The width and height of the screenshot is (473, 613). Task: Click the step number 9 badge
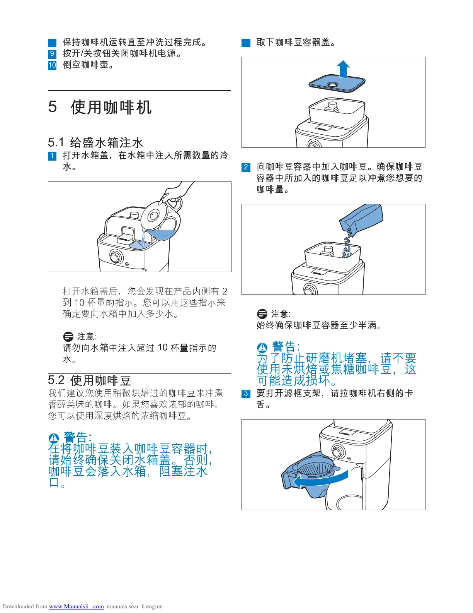(x=52, y=53)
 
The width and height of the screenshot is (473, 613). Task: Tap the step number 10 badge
(x=52, y=65)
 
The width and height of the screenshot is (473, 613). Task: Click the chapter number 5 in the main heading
(x=53, y=107)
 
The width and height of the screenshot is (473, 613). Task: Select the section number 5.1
(x=56, y=142)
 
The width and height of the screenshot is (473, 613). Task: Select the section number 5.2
(x=56, y=380)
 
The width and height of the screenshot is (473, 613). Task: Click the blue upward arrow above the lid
(x=343, y=69)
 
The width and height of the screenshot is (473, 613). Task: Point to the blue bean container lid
(x=337, y=83)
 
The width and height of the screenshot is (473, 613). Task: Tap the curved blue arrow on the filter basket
(x=321, y=479)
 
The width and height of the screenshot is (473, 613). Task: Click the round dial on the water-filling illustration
(x=116, y=257)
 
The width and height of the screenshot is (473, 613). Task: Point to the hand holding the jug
(x=175, y=192)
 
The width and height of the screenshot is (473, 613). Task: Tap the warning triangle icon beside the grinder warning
(x=262, y=347)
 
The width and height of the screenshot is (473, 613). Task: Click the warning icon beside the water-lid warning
(x=54, y=438)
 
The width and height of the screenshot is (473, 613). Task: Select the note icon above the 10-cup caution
(x=68, y=336)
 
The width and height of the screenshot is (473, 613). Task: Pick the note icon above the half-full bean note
(x=262, y=314)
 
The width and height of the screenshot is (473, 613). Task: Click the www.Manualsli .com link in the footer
(x=77, y=606)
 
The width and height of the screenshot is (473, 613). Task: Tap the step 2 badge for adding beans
(x=246, y=167)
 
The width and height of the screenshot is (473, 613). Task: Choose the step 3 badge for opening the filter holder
(x=246, y=393)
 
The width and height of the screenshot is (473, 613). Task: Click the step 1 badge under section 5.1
(x=52, y=156)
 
